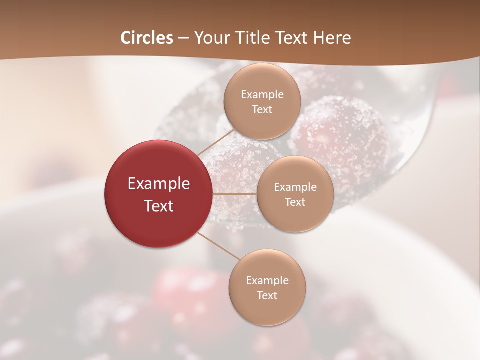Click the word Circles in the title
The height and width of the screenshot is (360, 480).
[147, 38]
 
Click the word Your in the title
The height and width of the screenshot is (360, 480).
[210, 38]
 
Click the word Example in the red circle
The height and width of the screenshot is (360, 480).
[159, 184]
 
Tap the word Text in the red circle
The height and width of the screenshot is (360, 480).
[159, 206]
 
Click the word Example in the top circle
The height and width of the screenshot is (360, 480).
[262, 95]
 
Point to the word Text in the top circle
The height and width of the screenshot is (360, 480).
[262, 109]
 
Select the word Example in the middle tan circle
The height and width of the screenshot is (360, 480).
[295, 187]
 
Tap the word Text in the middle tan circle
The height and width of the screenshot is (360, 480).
[295, 202]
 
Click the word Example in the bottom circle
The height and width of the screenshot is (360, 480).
[267, 281]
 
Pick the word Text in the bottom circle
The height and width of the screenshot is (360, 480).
[267, 295]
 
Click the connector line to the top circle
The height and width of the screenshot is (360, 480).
[216, 142]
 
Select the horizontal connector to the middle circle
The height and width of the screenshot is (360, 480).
[234, 194]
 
